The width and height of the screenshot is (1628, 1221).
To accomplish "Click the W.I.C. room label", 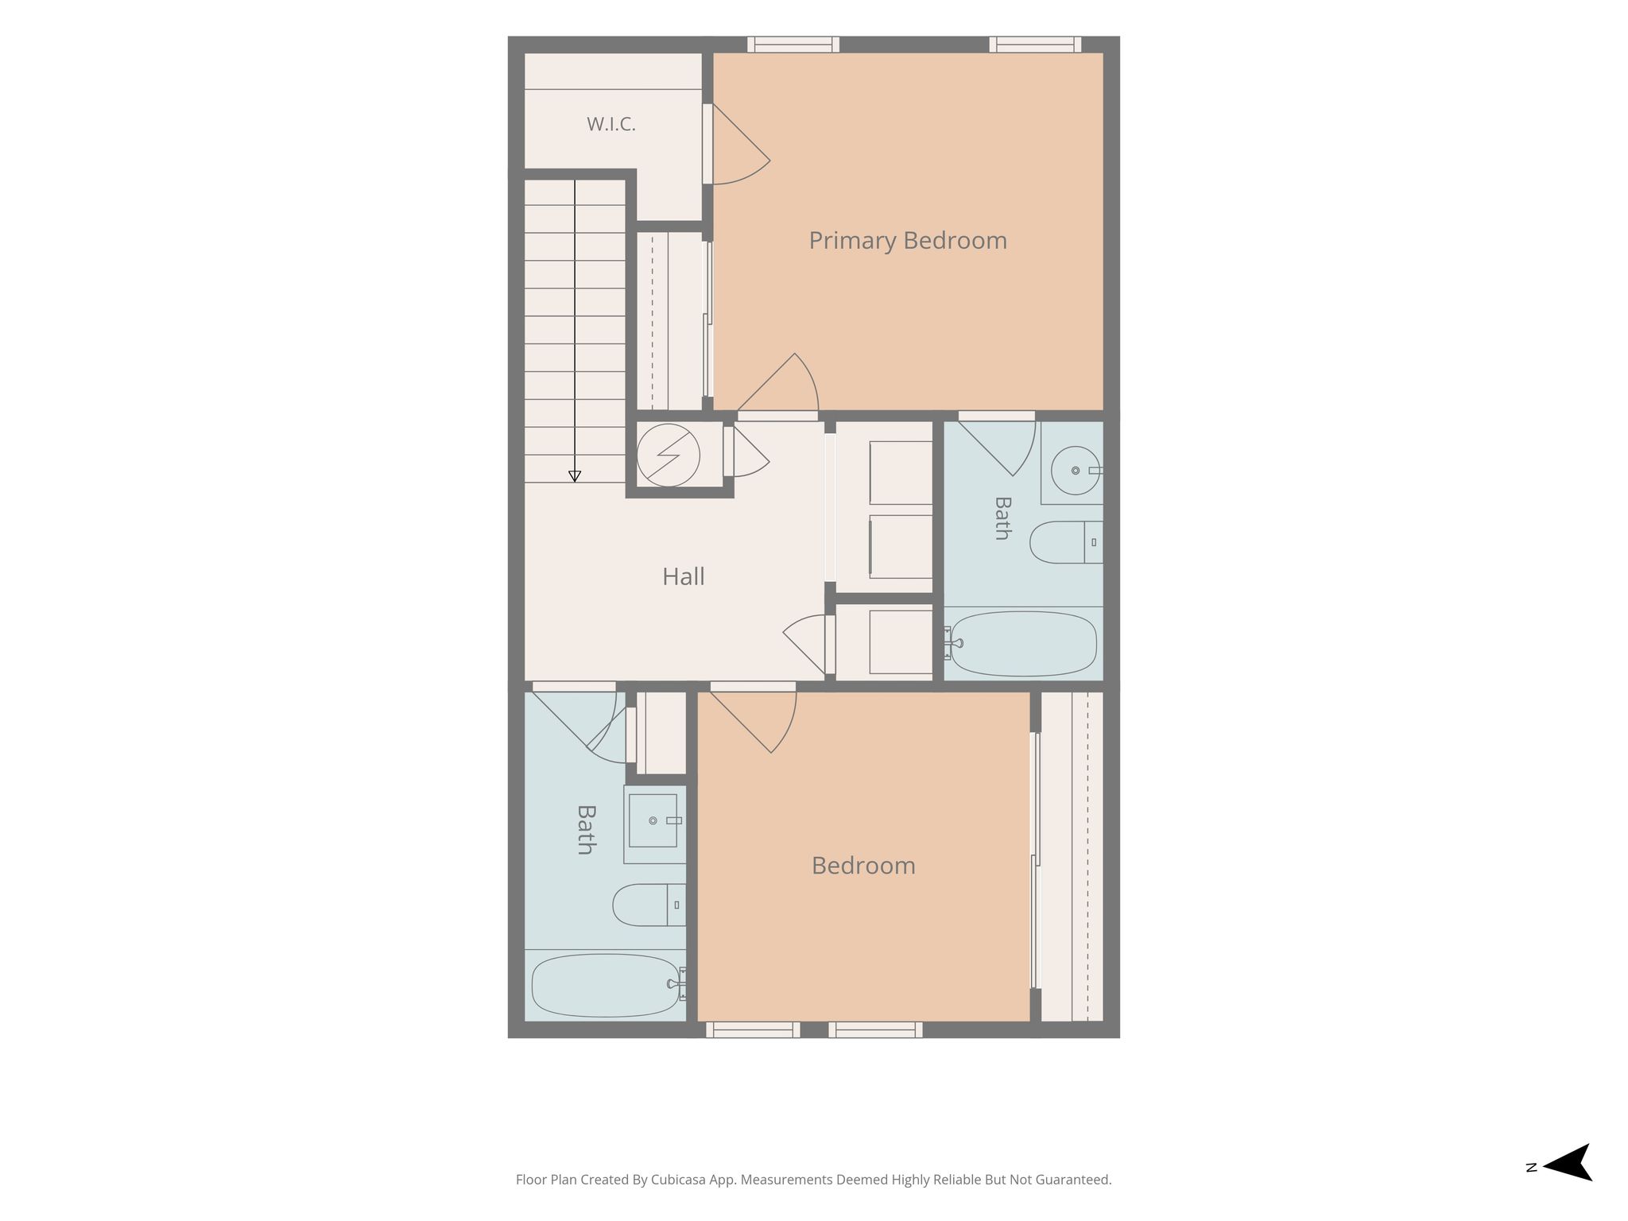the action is click(x=610, y=124).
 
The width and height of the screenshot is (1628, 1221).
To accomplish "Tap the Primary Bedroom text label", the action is click(x=908, y=240).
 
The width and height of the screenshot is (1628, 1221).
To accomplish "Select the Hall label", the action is click(x=684, y=576).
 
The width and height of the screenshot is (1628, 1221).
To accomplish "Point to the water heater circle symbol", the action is click(x=669, y=455).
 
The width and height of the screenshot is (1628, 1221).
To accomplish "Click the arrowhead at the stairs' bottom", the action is click(x=575, y=476).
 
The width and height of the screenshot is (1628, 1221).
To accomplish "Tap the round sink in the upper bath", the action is click(x=1076, y=470).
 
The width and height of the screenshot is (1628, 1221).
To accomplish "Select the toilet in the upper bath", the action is click(x=1066, y=542).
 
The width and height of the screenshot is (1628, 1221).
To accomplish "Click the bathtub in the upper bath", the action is click(x=1024, y=644).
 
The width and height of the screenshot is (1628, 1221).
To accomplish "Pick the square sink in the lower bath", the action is click(x=653, y=820).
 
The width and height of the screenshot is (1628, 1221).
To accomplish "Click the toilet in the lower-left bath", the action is click(x=649, y=905).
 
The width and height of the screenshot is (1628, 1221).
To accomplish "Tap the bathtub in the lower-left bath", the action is click(x=606, y=986).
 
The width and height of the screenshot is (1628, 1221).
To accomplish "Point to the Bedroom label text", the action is click(x=863, y=866).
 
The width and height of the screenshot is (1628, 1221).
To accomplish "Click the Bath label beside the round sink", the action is click(x=1002, y=518).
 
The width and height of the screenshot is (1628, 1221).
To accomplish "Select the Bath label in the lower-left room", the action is click(x=586, y=830).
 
